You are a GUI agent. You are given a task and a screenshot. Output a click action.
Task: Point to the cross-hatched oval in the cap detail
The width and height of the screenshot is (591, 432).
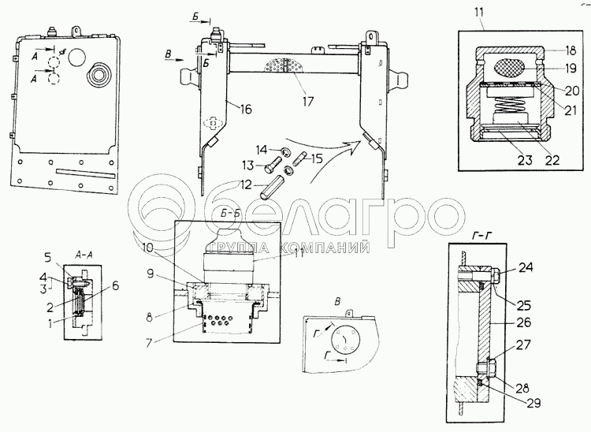pos(511,69)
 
